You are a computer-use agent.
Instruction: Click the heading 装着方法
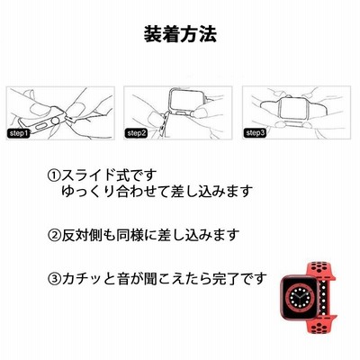click(x=180, y=35)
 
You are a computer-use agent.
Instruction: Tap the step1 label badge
click(x=18, y=133)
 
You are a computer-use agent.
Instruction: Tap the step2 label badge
click(x=136, y=133)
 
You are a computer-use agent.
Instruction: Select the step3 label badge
click(x=255, y=133)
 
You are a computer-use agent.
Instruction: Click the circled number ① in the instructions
click(x=54, y=175)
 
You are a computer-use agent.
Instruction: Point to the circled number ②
click(x=54, y=235)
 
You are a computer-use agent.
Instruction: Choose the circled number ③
click(x=54, y=279)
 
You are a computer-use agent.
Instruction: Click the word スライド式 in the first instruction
click(x=95, y=175)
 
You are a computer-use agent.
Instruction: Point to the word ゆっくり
click(x=88, y=191)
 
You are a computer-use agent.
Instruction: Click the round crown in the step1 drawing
click(x=56, y=121)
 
